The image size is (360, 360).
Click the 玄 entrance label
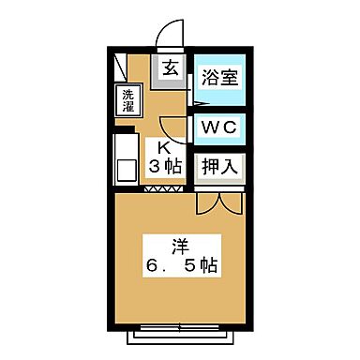(171, 67)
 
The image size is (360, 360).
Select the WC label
(218, 127)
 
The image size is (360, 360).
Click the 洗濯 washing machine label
(127, 99)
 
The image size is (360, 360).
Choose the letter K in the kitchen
(162, 147)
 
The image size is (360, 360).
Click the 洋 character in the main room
(179, 247)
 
